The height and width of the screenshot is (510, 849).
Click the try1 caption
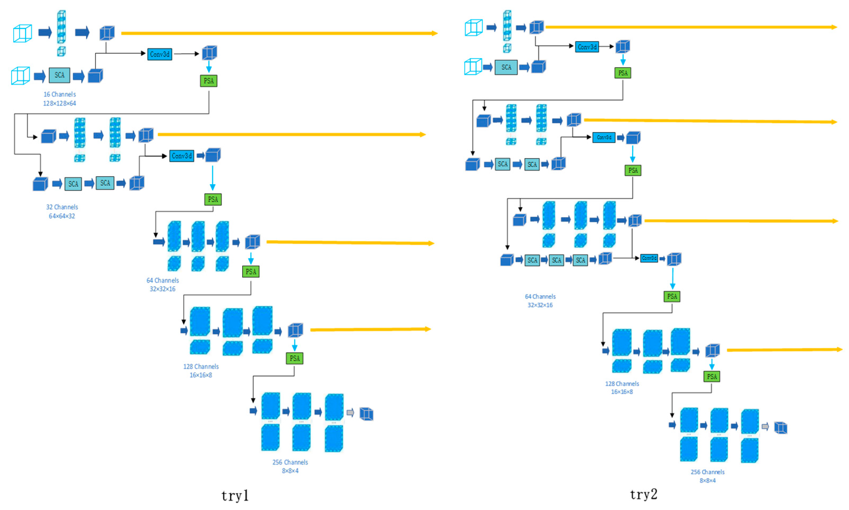click(x=235, y=496)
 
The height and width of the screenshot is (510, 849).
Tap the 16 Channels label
click(x=59, y=94)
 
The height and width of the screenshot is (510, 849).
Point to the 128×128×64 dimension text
click(x=59, y=103)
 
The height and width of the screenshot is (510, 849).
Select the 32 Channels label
click(x=62, y=207)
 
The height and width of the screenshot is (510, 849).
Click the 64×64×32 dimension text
click(x=62, y=216)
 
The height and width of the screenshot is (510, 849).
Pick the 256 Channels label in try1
click(x=290, y=462)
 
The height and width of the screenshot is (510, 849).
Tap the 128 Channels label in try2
click(x=622, y=383)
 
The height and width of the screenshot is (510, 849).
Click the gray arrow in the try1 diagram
click(x=350, y=412)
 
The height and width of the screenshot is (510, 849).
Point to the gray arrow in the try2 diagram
click(x=765, y=427)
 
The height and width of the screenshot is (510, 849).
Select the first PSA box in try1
click(x=208, y=81)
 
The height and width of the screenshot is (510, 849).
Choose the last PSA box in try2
click(x=712, y=376)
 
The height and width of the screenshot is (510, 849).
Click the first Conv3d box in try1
click(x=160, y=54)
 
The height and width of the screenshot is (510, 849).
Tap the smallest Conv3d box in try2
click(x=649, y=258)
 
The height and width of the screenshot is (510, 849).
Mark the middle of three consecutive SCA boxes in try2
click(x=556, y=260)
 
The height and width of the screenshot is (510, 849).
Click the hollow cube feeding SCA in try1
click(x=21, y=75)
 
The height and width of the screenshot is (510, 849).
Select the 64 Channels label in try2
click(x=540, y=296)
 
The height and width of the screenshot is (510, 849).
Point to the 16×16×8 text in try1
click(x=201, y=375)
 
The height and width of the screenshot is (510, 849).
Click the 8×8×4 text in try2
click(x=707, y=481)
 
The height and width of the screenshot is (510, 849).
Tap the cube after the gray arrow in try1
click(x=366, y=414)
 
